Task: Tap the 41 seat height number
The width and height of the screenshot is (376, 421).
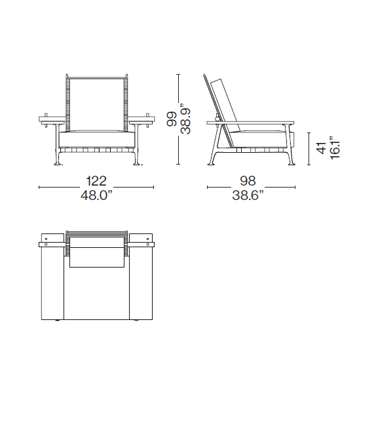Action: point(320,149)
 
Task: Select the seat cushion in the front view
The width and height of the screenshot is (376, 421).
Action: point(97,138)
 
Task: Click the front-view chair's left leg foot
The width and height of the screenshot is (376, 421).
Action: point(60,161)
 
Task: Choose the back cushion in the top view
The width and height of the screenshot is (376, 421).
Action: point(97,254)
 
